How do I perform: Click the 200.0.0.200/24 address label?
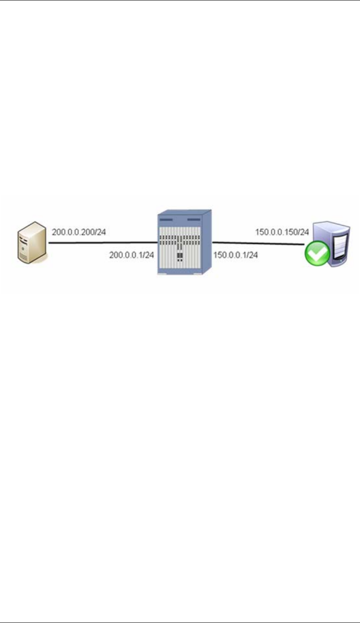point(79,233)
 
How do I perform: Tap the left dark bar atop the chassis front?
point(166,219)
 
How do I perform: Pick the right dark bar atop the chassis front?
point(194,219)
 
